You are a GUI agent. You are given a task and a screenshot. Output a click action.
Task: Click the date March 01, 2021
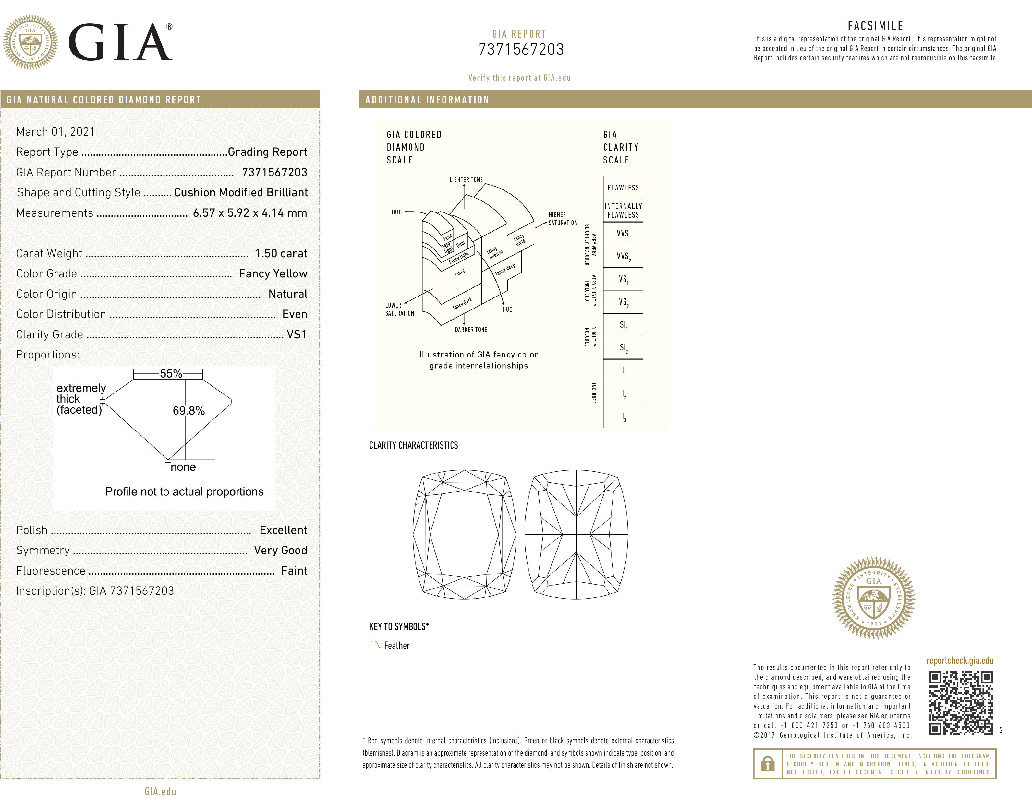pyautogui.click(x=55, y=132)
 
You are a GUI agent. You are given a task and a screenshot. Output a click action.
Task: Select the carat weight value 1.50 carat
pyautogui.click(x=281, y=254)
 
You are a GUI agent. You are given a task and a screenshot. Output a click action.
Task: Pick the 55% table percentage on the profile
pyautogui.click(x=171, y=374)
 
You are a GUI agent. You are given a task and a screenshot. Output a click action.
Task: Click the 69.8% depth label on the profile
pyautogui.click(x=188, y=411)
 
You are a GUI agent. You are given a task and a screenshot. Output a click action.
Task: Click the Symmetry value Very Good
pyautogui.click(x=280, y=551)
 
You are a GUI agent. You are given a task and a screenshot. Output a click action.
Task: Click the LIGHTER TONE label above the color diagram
pyautogui.click(x=466, y=180)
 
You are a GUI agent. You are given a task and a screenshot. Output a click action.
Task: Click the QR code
pyautogui.click(x=960, y=703)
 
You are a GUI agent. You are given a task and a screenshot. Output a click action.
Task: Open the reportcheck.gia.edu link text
pyautogui.click(x=959, y=661)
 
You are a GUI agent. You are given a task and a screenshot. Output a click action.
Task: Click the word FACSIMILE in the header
pyautogui.click(x=875, y=26)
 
